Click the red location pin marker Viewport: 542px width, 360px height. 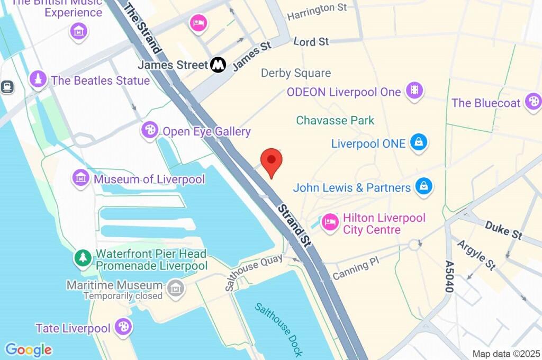coord(272,161)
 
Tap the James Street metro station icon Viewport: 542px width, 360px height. coord(218,65)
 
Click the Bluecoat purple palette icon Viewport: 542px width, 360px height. coord(532,102)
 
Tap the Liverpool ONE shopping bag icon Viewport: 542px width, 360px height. coord(419,142)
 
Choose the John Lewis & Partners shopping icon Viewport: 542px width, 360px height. coord(424,186)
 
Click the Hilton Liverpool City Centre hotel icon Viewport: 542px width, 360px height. coord(330,222)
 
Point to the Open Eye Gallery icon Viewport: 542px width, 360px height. coord(150,130)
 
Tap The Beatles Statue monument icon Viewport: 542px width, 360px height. coord(38,80)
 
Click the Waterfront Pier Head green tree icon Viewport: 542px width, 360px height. coord(83,258)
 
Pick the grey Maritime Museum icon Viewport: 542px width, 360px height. coord(175,289)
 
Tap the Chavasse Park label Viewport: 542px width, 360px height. coord(335,120)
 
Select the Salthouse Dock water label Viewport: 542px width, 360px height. coord(278,329)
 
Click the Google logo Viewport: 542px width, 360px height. coord(29,349)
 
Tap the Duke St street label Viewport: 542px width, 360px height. coord(503,230)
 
